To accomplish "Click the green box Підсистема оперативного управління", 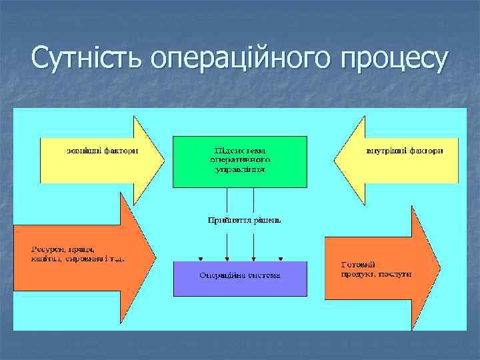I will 240,161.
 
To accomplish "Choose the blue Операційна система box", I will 240,279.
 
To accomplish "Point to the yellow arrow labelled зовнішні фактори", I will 100,160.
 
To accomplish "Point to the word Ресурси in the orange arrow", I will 46,248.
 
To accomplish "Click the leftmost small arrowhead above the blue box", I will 201,259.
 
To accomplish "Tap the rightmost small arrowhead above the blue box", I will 280,259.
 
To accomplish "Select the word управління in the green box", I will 241,169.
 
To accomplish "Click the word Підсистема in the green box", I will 241,151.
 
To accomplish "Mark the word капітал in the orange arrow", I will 45,257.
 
